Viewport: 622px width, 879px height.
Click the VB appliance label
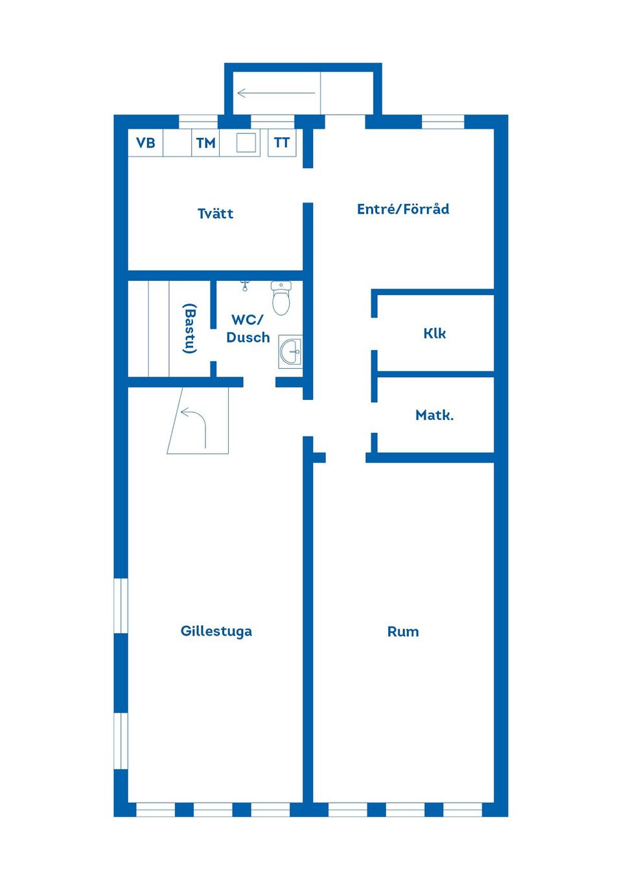click(146, 142)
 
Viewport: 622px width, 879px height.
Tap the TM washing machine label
click(205, 143)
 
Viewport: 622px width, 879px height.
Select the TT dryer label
click(282, 142)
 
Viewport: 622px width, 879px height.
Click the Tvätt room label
click(215, 214)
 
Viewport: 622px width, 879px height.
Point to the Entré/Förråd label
click(402, 209)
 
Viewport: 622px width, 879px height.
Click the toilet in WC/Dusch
click(281, 298)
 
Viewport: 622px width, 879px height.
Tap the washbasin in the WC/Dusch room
click(290, 351)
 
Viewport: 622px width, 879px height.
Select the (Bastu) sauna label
click(189, 328)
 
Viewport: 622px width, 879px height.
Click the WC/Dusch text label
click(248, 328)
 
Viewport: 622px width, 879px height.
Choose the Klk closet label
click(434, 333)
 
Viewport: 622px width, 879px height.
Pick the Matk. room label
click(434, 415)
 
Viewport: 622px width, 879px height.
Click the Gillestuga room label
click(216, 631)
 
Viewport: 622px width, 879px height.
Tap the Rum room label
click(403, 632)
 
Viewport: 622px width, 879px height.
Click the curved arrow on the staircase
click(194, 425)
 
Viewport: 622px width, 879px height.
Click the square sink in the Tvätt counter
click(246, 142)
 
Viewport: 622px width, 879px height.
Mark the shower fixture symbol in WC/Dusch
click(245, 285)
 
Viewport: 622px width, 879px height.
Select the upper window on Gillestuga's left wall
click(121, 605)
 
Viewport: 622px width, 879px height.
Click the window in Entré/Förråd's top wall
click(443, 122)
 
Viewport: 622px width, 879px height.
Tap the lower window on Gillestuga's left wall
click(121, 740)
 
